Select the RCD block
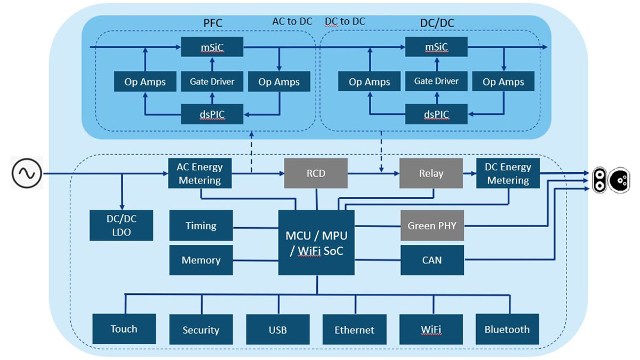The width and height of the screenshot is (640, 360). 316,173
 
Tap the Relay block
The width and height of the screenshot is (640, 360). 431,173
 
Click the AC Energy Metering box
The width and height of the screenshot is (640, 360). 200,173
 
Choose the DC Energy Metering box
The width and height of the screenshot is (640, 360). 508,173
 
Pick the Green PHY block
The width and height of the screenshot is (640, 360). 432,226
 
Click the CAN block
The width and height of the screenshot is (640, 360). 432,260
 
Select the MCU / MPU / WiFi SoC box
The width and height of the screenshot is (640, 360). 316,243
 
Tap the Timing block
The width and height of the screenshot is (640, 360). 201,226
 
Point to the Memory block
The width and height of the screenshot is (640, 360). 201,260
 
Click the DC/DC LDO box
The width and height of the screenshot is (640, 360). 122,225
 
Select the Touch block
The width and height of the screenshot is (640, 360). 124,329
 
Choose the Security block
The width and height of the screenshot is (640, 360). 201,330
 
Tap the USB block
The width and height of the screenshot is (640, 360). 278,330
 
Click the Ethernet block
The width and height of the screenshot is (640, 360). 355,330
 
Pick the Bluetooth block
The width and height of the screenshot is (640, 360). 507,329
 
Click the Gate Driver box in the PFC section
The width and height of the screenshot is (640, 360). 212,82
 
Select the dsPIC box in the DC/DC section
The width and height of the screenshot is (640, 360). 436,114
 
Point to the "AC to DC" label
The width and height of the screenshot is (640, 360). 292,21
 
